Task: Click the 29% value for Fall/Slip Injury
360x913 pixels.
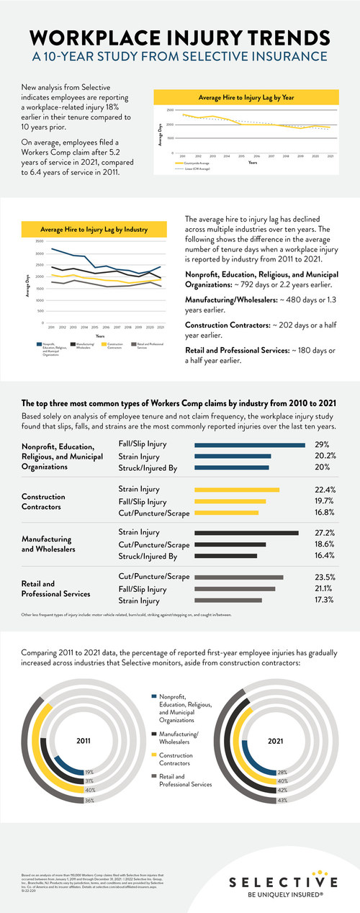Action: [321, 444]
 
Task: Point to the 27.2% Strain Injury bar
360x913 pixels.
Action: [246, 533]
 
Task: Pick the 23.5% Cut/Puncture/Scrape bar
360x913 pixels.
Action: [239, 577]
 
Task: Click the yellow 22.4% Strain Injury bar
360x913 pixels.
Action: [237, 490]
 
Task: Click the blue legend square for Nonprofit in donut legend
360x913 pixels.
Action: [154, 696]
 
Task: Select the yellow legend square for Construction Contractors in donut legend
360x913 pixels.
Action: [154, 754]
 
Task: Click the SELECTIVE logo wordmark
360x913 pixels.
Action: [282, 882]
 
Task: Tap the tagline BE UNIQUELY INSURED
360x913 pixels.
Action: [282, 897]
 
